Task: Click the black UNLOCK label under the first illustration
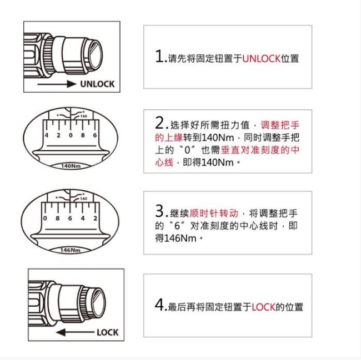point(97,84)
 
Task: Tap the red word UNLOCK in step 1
point(261,58)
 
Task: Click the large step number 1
point(160,57)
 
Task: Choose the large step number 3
point(160,212)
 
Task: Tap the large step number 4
point(160,306)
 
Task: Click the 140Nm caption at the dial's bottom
point(71,165)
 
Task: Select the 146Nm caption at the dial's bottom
point(71,250)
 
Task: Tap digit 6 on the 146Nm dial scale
point(71,219)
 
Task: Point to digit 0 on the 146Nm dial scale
point(46,219)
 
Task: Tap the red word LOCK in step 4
point(263,307)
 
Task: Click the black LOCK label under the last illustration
point(107,332)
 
